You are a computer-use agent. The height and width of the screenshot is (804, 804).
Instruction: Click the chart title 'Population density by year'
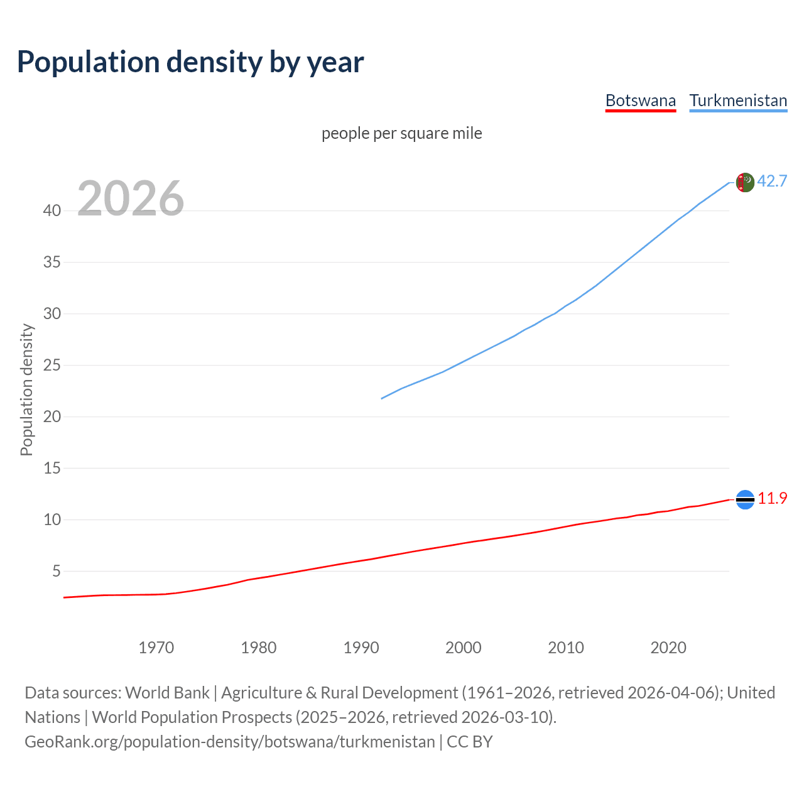pos(190,62)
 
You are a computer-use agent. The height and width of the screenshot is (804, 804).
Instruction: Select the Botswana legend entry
pos(640,100)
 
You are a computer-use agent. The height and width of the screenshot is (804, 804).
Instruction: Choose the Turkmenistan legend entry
pos(738,100)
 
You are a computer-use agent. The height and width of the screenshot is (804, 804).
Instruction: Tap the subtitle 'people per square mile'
pos(401,133)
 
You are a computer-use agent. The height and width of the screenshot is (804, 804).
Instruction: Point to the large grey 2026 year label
pos(131,198)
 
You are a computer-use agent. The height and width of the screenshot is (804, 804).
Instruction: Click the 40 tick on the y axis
pos(52,210)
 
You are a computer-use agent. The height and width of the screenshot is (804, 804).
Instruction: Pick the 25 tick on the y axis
pos(52,365)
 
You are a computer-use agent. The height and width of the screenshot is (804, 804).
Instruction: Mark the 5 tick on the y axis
pos(57,571)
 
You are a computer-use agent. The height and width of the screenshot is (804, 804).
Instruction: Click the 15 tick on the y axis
pos(52,468)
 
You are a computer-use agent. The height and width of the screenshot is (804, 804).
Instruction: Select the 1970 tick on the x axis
pos(156,648)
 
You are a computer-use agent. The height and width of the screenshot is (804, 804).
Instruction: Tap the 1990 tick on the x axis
pos(361,648)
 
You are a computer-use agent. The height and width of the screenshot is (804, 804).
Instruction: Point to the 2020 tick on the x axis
pos(668,648)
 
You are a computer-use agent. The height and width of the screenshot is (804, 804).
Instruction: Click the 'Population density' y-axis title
pos(26,389)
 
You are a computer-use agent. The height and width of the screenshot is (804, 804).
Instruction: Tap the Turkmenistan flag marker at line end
pos(744,182)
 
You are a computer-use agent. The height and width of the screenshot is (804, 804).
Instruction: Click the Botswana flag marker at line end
pos(744,499)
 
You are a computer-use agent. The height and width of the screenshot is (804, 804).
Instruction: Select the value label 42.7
pos(772,181)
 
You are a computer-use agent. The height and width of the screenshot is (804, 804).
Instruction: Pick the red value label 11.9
pos(772,498)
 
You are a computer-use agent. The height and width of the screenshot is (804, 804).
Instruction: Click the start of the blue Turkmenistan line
pos(382,398)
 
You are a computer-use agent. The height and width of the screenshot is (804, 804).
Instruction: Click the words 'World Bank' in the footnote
pos(167,693)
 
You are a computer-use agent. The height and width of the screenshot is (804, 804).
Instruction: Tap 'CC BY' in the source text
pos(469,742)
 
